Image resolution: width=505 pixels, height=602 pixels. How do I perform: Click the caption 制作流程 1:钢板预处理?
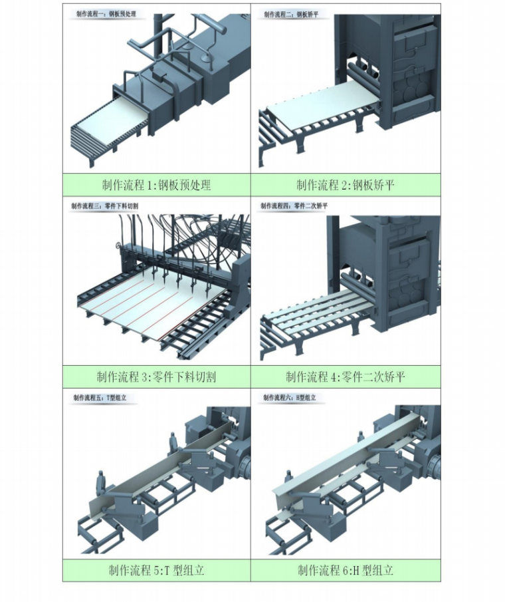(x=157, y=186)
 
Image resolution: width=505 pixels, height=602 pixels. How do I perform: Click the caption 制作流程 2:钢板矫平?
(x=345, y=186)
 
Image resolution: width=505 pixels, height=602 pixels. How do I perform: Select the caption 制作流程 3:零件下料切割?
(x=157, y=377)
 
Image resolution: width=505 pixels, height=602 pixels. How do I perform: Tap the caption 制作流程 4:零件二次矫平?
(x=345, y=377)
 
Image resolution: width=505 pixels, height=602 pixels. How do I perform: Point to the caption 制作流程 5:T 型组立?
(x=157, y=570)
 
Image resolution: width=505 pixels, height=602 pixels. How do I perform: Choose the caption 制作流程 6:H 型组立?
(x=345, y=570)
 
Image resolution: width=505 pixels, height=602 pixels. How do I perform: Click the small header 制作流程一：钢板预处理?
(x=107, y=13)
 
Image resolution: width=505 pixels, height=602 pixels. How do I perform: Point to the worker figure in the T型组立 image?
(x=101, y=481)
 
